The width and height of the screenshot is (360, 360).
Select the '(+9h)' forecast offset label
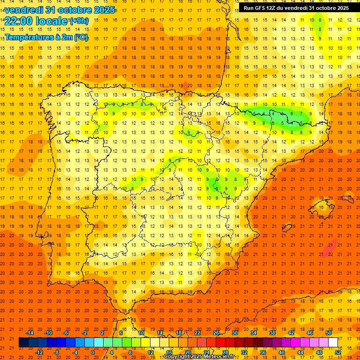pyautogui.click(x=78, y=21)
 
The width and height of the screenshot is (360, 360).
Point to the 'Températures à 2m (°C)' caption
pyautogui.click(x=46, y=37)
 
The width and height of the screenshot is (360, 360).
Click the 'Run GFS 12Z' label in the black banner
pyautogui.click(x=263, y=8)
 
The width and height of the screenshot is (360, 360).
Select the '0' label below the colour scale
pyautogui.click(x=93, y=352)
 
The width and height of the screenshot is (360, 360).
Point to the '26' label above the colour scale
pyautogui.click(x=216, y=333)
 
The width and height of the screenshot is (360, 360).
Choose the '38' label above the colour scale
pyautogui.click(x=272, y=333)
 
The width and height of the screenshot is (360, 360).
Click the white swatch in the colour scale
pyautogui.click(x=333, y=343)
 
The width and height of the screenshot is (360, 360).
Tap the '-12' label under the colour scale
pyautogui.click(x=39, y=352)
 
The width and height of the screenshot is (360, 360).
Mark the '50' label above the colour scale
pyautogui.click(x=329, y=333)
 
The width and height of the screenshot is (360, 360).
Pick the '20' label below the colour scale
pyautogui.click(x=188, y=352)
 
